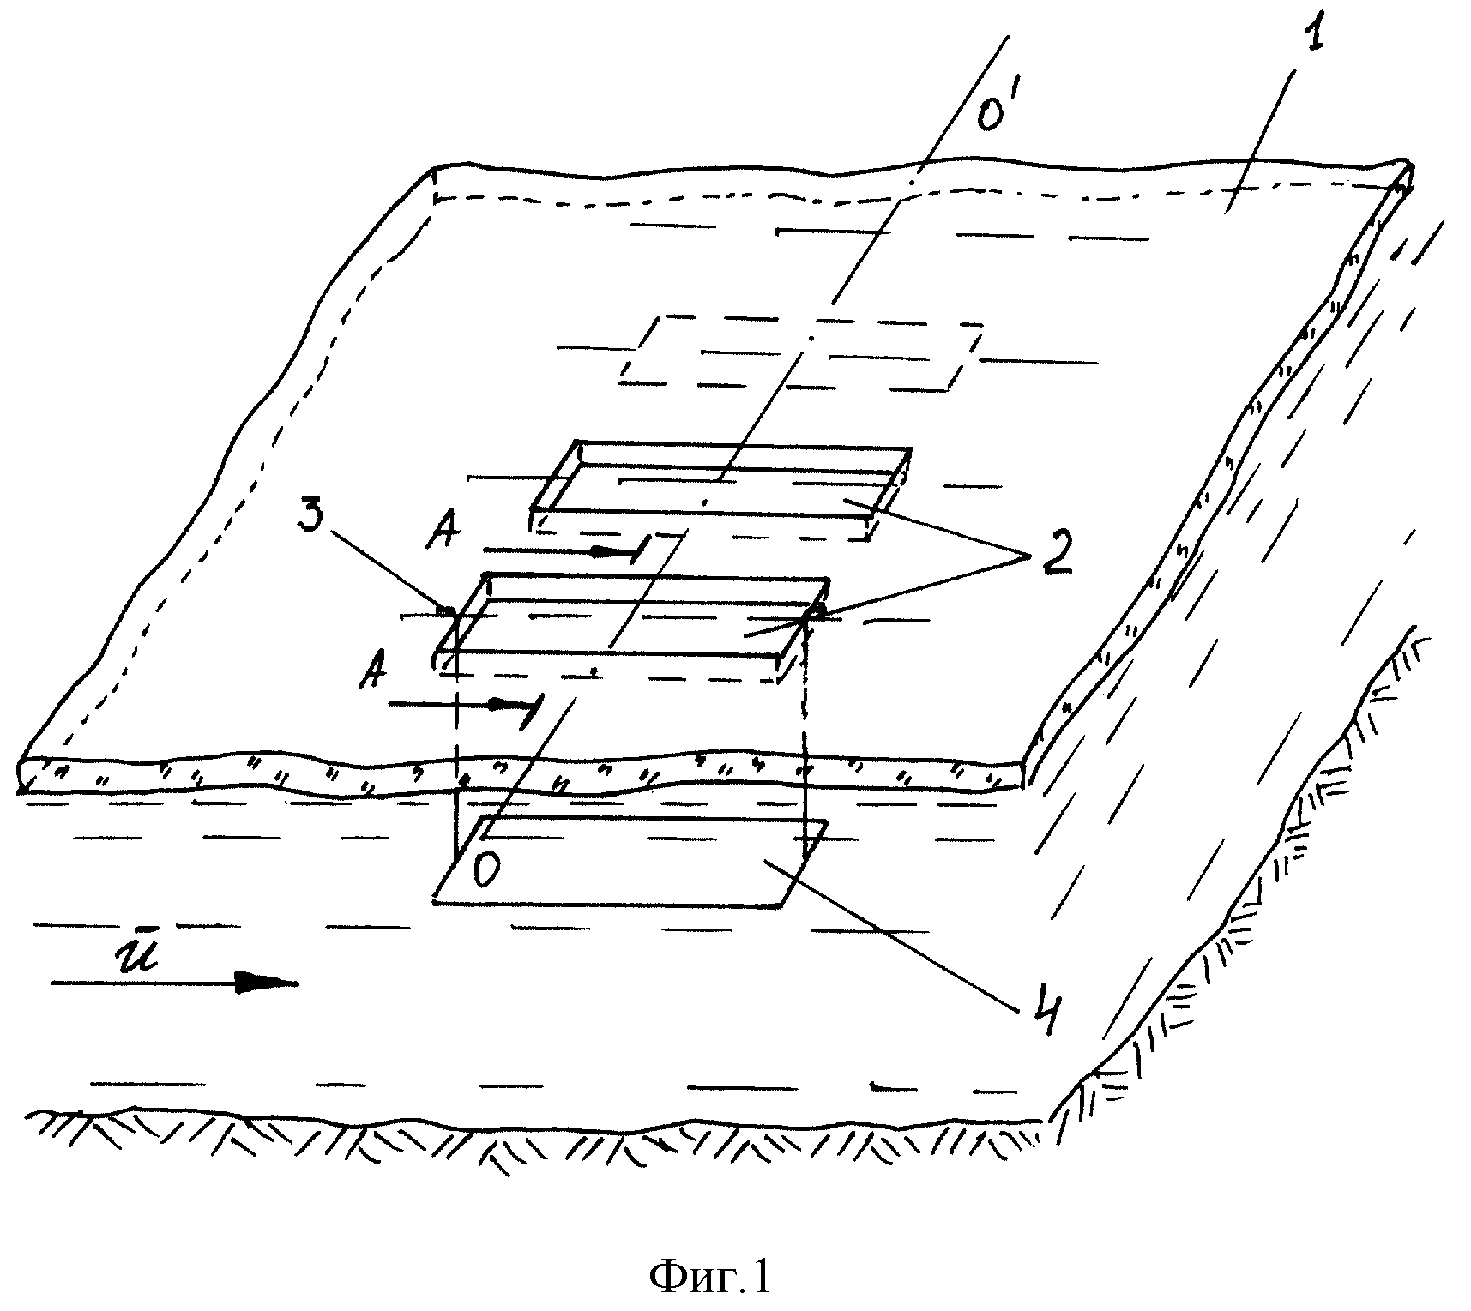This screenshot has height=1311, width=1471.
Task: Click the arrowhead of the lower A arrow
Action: pyautogui.click(x=508, y=705)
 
